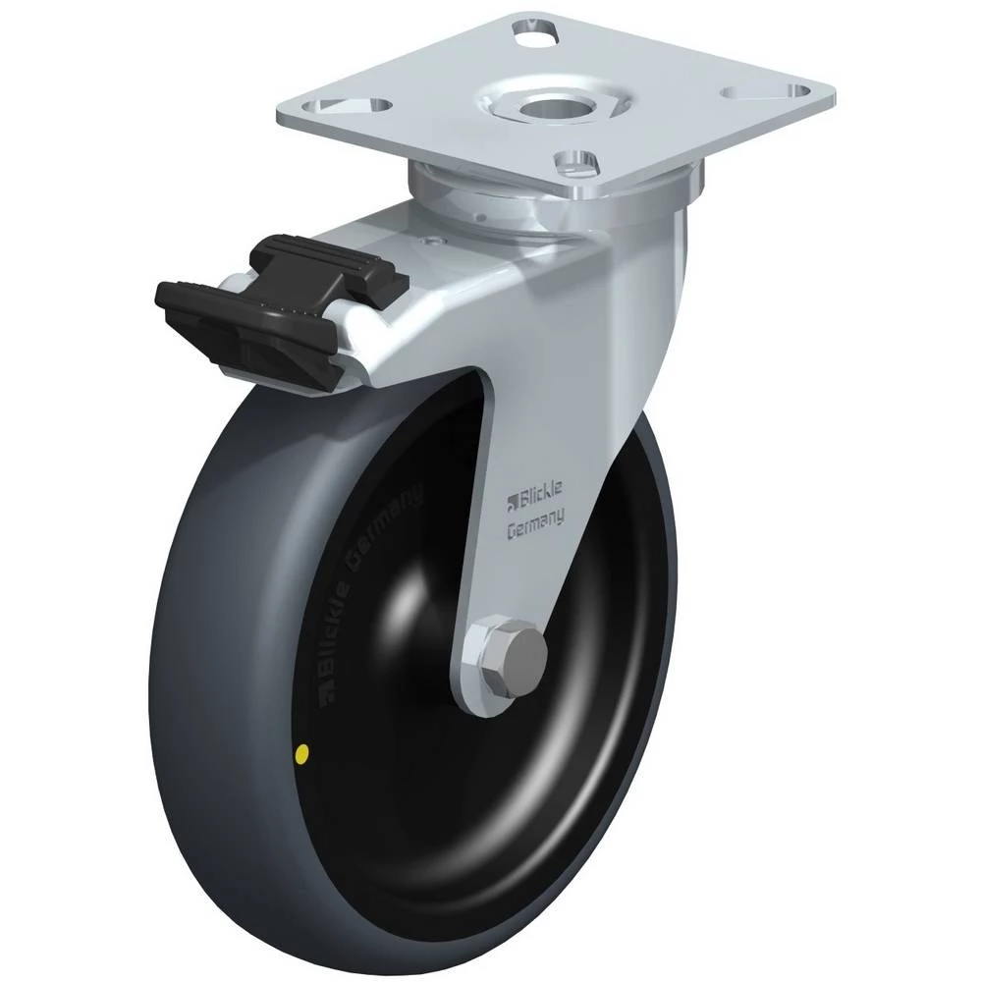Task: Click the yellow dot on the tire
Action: pos(303,753)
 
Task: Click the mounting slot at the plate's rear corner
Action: pos(534,32)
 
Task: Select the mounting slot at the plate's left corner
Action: pos(351,106)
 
